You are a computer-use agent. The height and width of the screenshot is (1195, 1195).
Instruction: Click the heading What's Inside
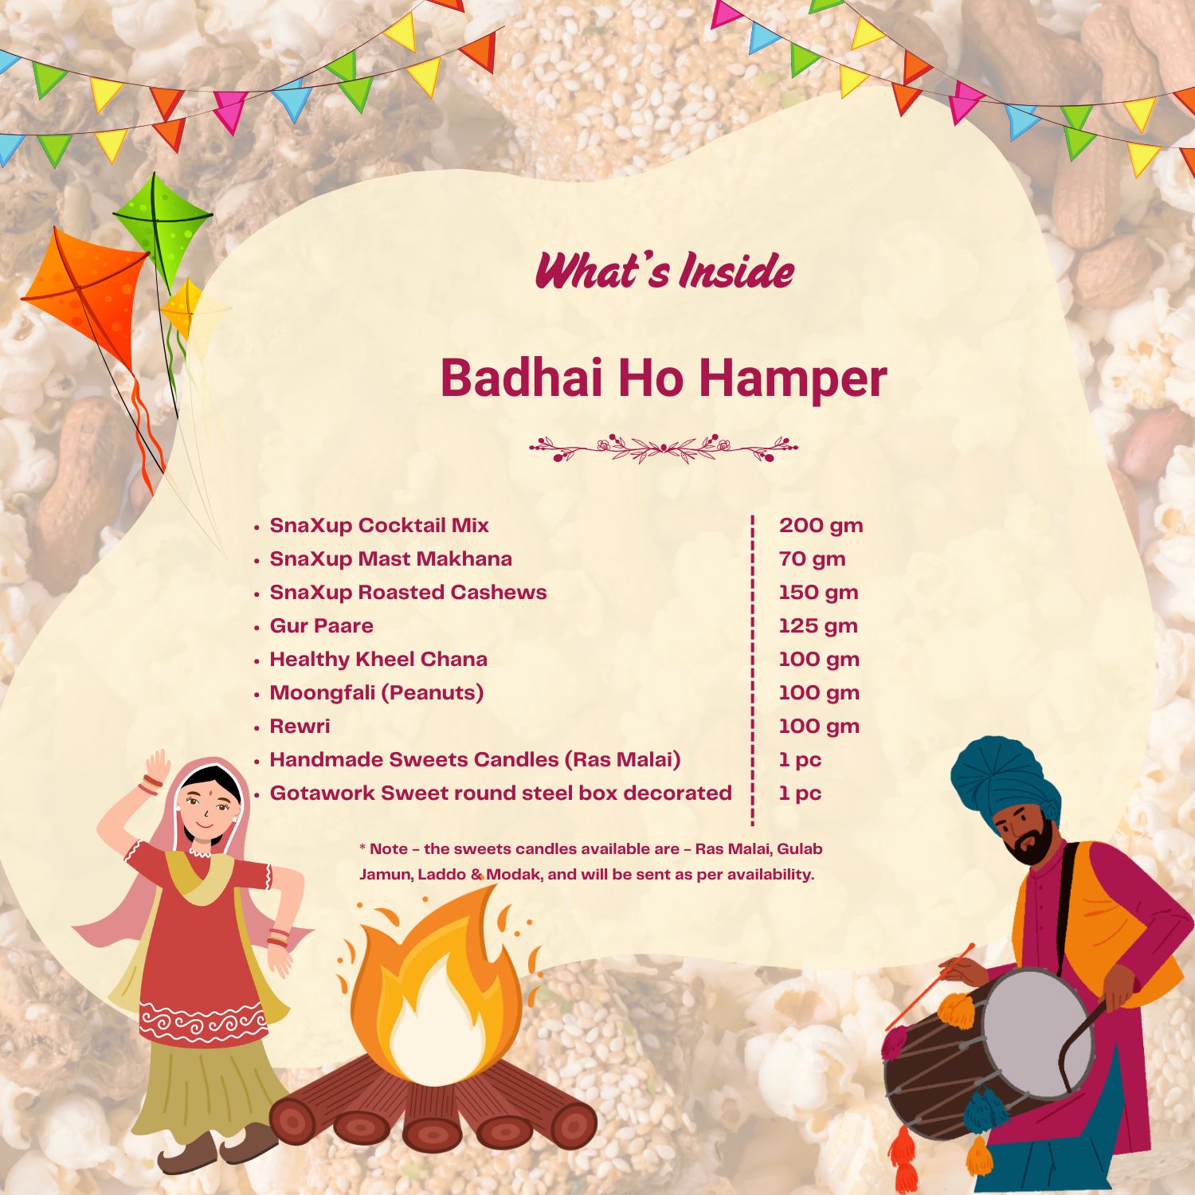(664, 271)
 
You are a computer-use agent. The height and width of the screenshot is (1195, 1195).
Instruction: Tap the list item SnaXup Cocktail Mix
(378, 526)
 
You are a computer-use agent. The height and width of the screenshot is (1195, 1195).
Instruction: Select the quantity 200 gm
(821, 526)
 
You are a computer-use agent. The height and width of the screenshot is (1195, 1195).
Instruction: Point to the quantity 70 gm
(812, 559)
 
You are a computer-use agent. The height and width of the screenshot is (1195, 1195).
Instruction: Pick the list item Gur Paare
(321, 626)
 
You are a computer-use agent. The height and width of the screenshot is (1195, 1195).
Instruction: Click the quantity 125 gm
(818, 626)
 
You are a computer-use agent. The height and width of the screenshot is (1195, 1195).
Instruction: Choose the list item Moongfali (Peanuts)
(376, 693)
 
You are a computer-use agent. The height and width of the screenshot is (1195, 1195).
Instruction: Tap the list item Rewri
(300, 727)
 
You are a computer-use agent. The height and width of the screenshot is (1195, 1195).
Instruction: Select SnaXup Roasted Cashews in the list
(408, 593)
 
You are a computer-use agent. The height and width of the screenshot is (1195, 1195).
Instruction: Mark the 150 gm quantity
(818, 593)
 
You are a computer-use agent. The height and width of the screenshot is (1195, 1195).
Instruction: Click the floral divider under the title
(664, 449)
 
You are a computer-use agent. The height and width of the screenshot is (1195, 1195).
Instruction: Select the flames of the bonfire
(434, 988)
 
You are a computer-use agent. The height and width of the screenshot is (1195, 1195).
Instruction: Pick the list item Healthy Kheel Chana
(378, 660)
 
